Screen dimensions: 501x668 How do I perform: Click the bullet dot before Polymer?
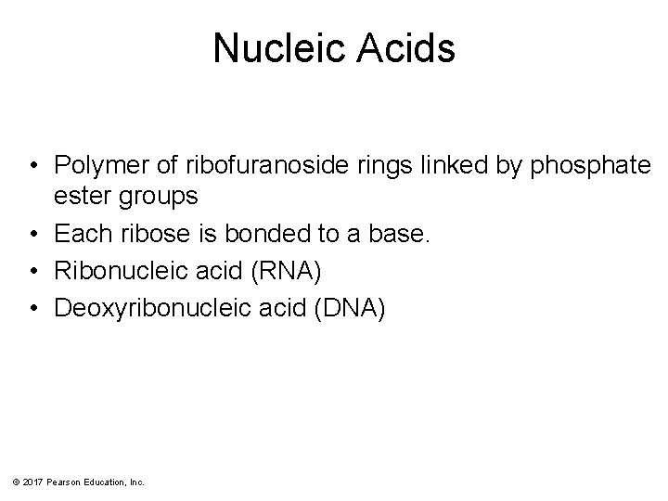(32, 166)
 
